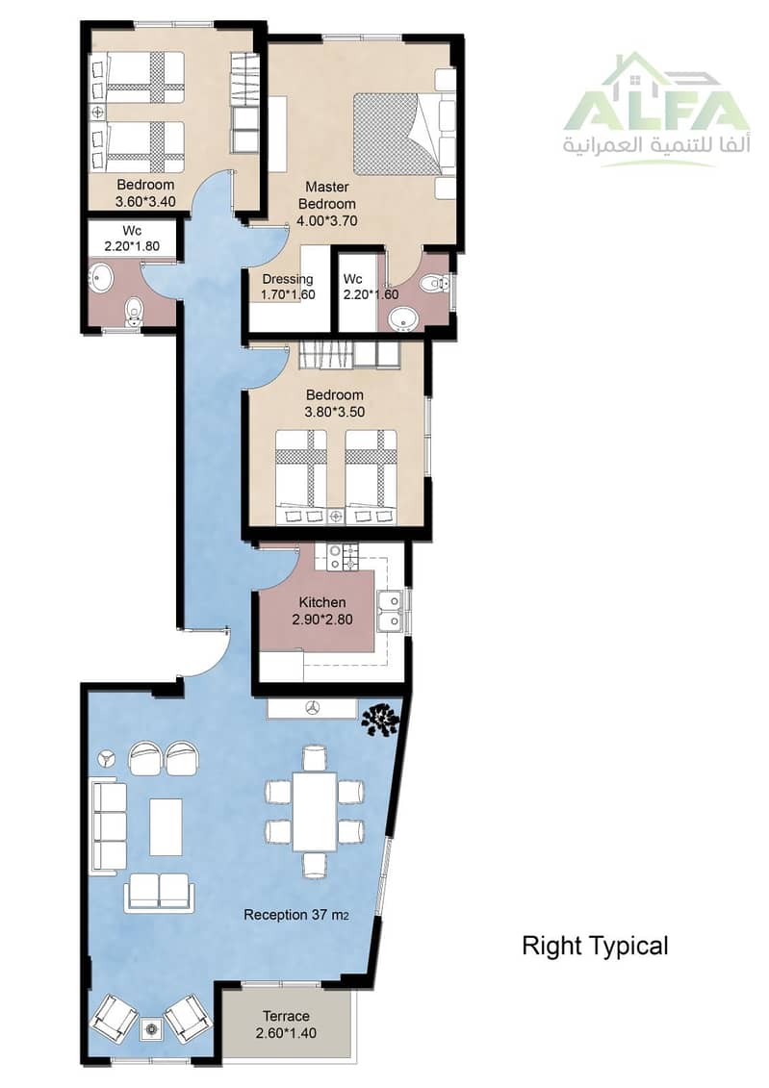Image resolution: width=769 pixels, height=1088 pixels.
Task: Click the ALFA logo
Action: (656, 110)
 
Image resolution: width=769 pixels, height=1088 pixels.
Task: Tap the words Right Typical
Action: (595, 946)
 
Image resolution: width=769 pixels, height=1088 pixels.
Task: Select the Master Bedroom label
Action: (327, 195)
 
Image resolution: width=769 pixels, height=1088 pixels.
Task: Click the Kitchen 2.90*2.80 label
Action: (322, 611)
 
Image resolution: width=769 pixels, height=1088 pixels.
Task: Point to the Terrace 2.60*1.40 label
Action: (286, 1025)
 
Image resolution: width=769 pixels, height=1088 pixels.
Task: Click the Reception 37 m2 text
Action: (295, 915)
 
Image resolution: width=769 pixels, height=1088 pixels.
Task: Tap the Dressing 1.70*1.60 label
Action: (288, 287)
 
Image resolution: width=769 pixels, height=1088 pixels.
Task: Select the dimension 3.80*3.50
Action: (335, 412)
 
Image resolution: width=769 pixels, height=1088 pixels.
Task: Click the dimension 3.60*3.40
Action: (145, 202)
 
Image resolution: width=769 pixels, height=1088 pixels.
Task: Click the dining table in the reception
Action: (315, 810)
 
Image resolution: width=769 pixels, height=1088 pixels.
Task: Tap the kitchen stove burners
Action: (343, 557)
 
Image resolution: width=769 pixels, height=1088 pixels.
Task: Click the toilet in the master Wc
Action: (435, 283)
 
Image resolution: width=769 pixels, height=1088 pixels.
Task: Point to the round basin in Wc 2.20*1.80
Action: (102, 279)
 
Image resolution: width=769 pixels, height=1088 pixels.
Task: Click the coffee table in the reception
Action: (166, 826)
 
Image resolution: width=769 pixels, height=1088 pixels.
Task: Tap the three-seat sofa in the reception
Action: (109, 825)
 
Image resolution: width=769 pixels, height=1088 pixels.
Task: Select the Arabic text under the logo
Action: (656, 148)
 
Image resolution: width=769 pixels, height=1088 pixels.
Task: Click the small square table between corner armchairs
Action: (151, 1029)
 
